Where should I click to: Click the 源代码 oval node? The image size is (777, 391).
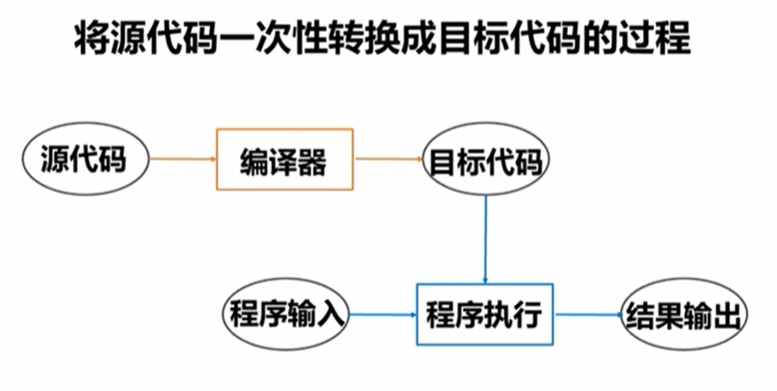[83, 162]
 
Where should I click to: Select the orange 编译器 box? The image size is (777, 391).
[283, 160]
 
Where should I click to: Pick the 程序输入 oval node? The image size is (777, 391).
[285, 315]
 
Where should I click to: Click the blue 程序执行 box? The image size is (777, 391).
[485, 315]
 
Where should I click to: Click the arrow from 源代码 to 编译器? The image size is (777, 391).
[181, 160]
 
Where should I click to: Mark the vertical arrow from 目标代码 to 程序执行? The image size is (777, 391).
[485, 239]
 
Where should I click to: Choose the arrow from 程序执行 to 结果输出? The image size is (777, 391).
[588, 315]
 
